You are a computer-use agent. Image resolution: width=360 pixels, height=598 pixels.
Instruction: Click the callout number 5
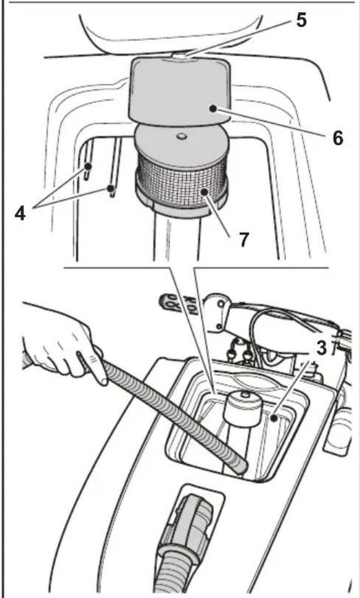[301, 20]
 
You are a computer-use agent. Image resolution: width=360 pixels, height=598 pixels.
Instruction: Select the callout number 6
[337, 138]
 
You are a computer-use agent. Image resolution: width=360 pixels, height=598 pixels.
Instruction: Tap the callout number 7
[244, 239]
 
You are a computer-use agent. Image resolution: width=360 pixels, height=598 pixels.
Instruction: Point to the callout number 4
[20, 213]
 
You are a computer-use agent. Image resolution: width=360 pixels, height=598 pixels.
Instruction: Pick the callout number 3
[322, 348]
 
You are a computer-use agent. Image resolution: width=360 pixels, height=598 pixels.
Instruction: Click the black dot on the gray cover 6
[212, 109]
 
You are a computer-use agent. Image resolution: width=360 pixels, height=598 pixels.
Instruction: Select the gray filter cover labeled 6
[180, 91]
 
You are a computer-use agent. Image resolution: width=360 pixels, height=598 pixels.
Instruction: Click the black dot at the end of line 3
[274, 418]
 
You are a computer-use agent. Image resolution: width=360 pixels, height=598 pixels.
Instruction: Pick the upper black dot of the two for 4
[88, 166]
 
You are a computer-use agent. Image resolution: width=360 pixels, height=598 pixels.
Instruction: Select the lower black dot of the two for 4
[111, 188]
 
